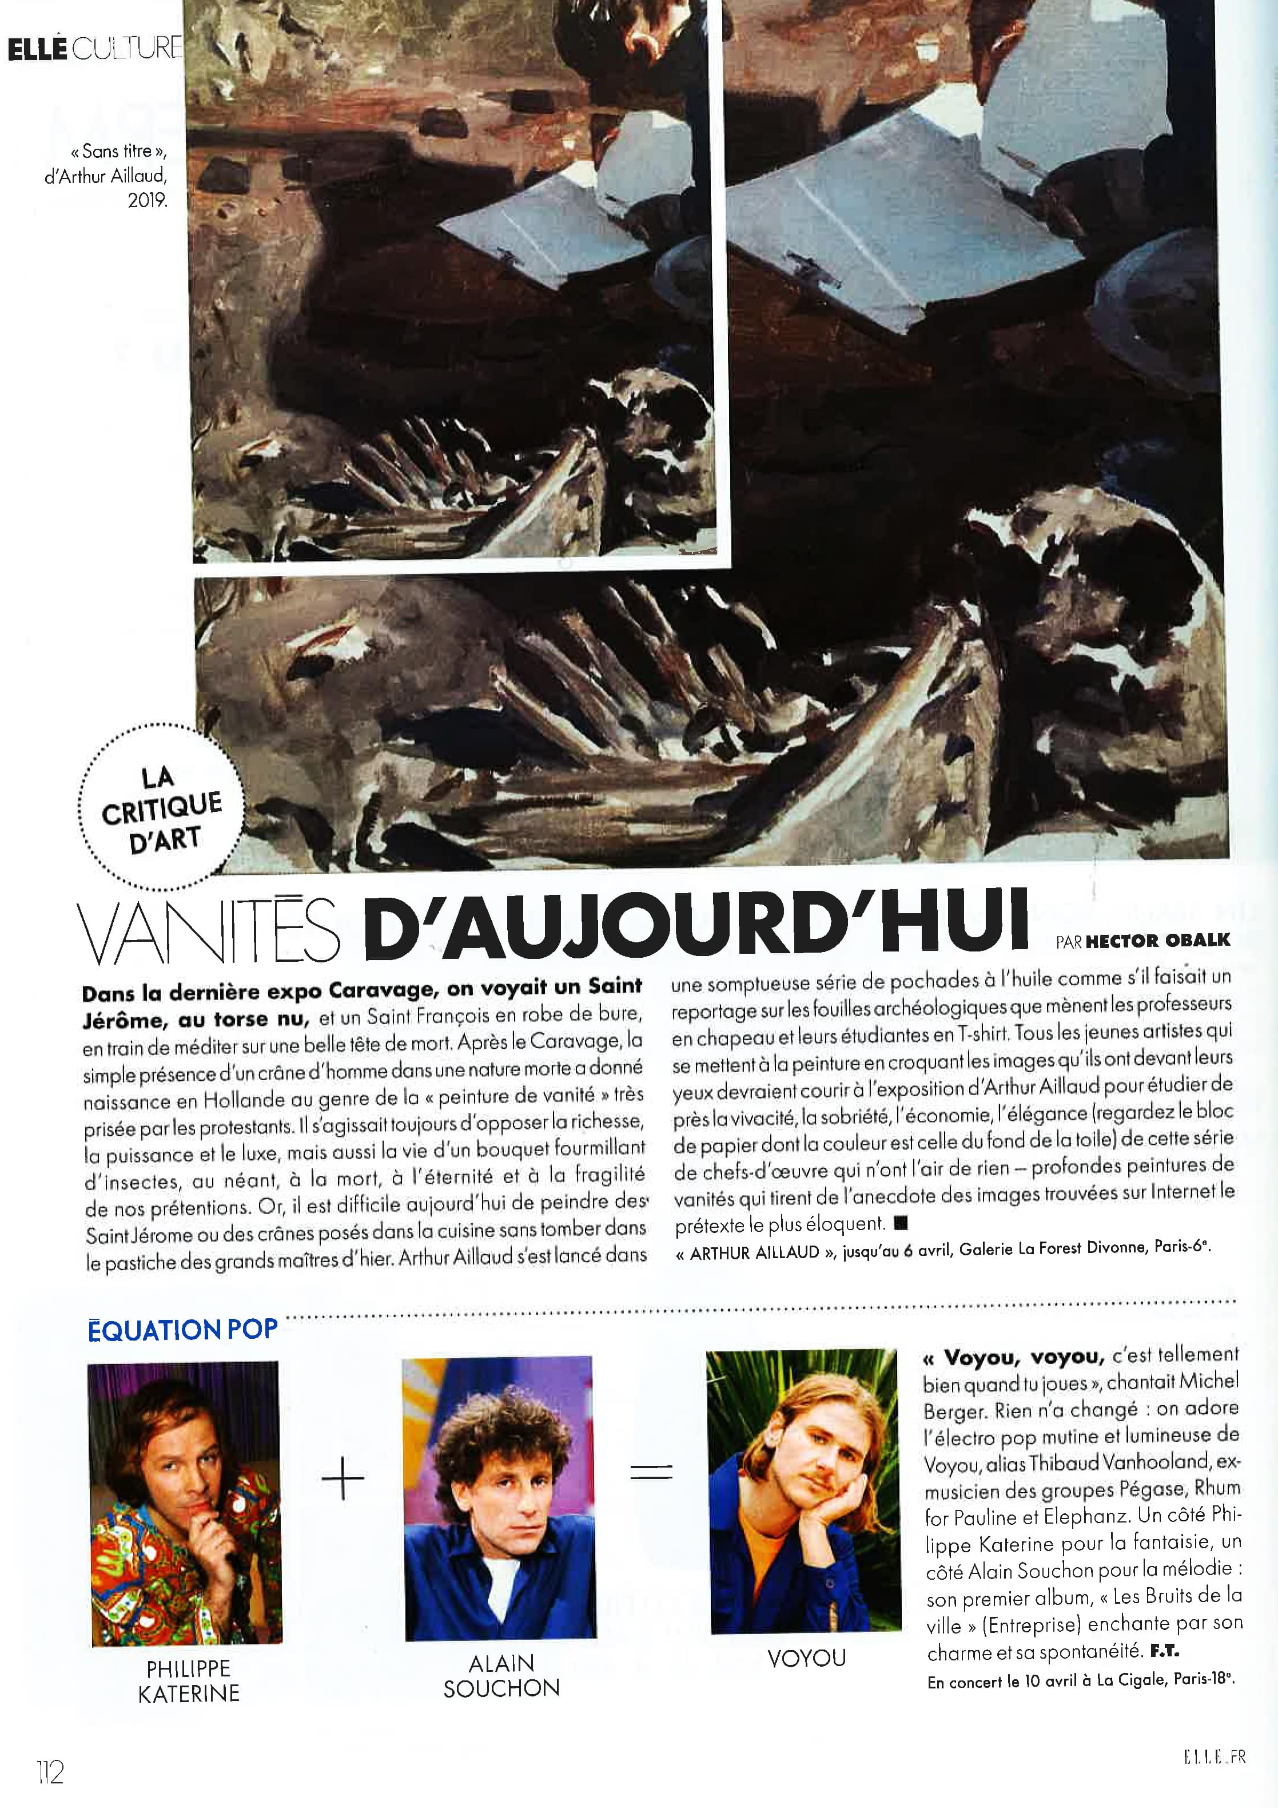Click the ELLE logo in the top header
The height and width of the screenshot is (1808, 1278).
point(38,50)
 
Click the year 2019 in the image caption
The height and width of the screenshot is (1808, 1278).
point(148,200)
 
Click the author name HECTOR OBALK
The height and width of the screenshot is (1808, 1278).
point(1156,939)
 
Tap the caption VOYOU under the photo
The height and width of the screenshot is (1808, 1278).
point(807,1658)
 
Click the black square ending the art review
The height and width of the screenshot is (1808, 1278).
point(902,1223)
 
